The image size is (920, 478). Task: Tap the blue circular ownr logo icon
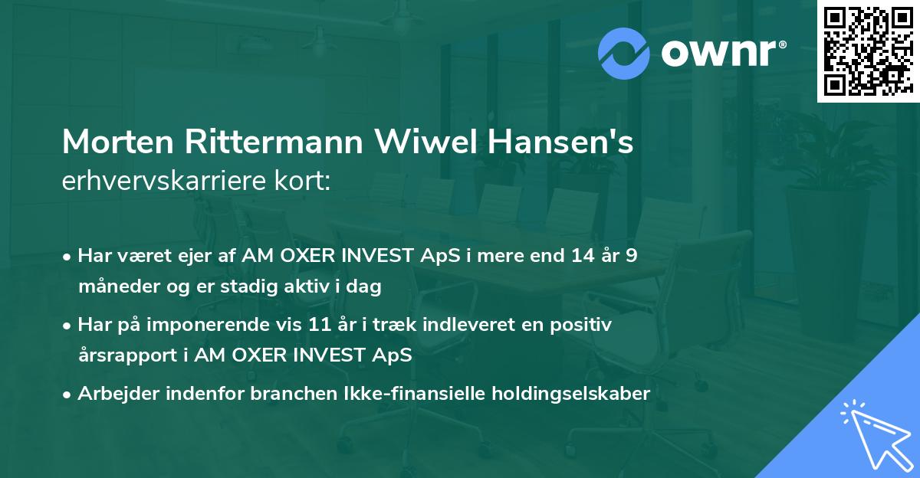624,53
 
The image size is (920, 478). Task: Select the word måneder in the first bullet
113,286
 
